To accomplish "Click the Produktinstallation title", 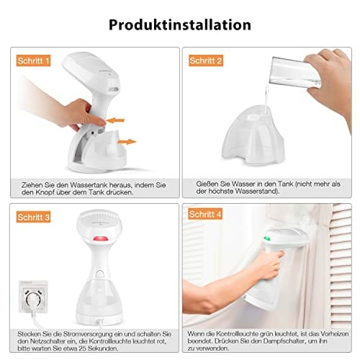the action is click(x=180, y=24).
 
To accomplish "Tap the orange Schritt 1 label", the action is click(x=33, y=60).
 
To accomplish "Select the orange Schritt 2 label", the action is click(x=206, y=60).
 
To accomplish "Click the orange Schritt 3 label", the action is click(x=33, y=217).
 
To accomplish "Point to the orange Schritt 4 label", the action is click(x=205, y=214).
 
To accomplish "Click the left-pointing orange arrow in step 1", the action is click(x=115, y=120).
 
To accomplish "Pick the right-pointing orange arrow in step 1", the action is click(x=127, y=142).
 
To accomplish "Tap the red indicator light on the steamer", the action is click(x=99, y=239).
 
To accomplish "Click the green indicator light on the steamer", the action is click(x=266, y=238).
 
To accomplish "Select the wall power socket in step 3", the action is click(x=33, y=297).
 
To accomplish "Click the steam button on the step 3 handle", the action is click(x=99, y=274).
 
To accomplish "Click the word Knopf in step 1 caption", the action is click(x=45, y=192).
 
